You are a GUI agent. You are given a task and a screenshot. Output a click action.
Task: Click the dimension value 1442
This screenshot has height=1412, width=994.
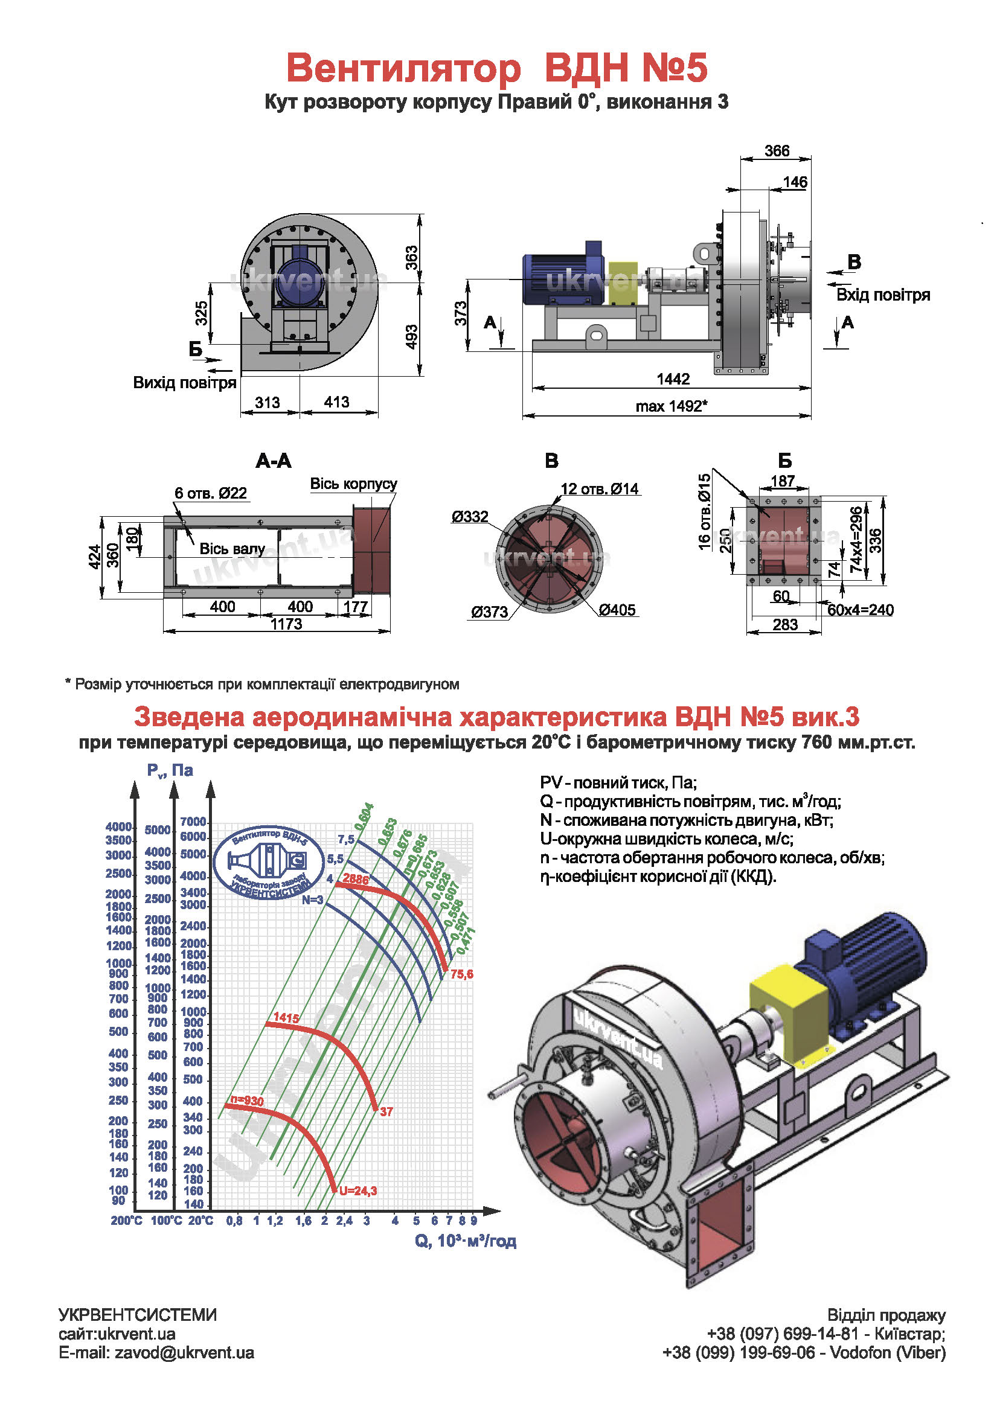(x=673, y=379)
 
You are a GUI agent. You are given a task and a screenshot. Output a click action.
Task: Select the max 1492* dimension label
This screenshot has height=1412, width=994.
(x=671, y=406)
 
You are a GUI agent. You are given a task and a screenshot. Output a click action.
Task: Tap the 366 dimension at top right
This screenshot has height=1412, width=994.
(x=777, y=151)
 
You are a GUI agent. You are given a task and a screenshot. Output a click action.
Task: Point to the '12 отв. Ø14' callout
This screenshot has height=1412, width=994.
(x=600, y=489)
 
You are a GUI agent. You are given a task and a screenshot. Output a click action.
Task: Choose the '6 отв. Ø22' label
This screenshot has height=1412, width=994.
(x=210, y=493)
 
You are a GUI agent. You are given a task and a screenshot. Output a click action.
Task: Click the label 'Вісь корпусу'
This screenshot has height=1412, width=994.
(x=353, y=484)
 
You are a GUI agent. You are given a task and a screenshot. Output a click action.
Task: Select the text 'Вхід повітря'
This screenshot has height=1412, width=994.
(x=883, y=295)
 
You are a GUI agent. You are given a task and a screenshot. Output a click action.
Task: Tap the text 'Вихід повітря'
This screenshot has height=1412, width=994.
(x=185, y=383)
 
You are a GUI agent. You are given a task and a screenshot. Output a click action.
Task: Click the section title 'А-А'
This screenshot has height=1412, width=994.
(x=274, y=461)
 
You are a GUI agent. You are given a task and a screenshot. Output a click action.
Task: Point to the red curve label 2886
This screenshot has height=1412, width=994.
(x=356, y=879)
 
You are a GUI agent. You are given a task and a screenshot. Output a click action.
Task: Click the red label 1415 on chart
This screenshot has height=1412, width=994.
(x=286, y=1018)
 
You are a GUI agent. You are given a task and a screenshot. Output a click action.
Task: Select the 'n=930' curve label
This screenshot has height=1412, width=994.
(x=246, y=1101)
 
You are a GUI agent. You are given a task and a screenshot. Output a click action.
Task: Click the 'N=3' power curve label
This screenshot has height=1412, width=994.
(x=312, y=899)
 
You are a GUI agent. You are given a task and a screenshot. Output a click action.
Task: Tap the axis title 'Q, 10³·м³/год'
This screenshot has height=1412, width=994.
(x=465, y=1241)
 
